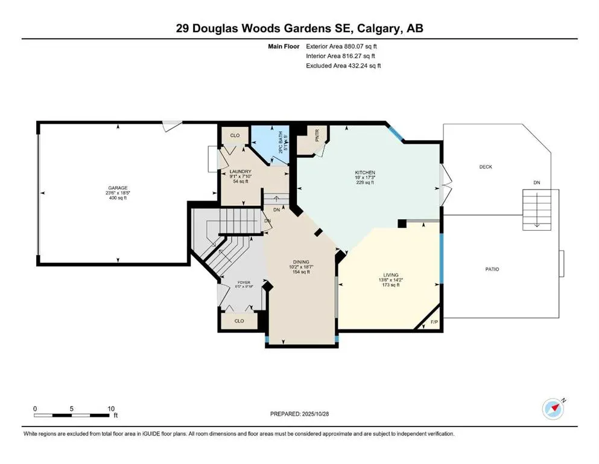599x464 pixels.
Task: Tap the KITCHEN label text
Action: [x=364, y=173]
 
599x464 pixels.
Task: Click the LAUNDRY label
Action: [x=240, y=172]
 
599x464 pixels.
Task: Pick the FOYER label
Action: [x=243, y=282]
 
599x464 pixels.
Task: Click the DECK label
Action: [x=485, y=167]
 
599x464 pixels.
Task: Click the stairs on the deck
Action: [x=536, y=208]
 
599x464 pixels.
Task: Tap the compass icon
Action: [x=553, y=408]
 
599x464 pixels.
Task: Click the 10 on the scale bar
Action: [x=111, y=409]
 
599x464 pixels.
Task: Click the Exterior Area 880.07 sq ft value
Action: [x=344, y=46]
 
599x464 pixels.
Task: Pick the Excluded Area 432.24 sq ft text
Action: [x=344, y=65]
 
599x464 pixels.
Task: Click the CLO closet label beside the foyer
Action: [x=239, y=321]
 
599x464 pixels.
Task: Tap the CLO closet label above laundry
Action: [x=235, y=135]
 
